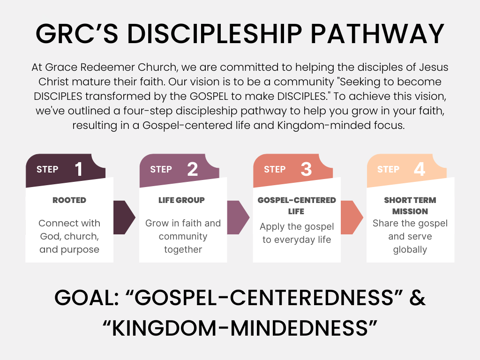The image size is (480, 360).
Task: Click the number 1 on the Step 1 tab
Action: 79,169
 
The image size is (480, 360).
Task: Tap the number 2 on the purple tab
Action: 192,169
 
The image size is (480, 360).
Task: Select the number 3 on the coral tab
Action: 306,169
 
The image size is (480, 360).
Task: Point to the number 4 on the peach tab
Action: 420,169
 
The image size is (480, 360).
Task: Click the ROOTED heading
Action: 69,200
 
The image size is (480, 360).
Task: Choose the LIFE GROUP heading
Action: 182,200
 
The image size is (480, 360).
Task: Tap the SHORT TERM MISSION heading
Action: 410,205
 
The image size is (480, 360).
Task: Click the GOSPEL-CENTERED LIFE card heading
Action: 297,205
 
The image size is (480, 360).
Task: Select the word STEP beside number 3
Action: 275,169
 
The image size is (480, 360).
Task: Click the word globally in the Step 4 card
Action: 410,249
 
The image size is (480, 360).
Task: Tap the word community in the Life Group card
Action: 183,236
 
